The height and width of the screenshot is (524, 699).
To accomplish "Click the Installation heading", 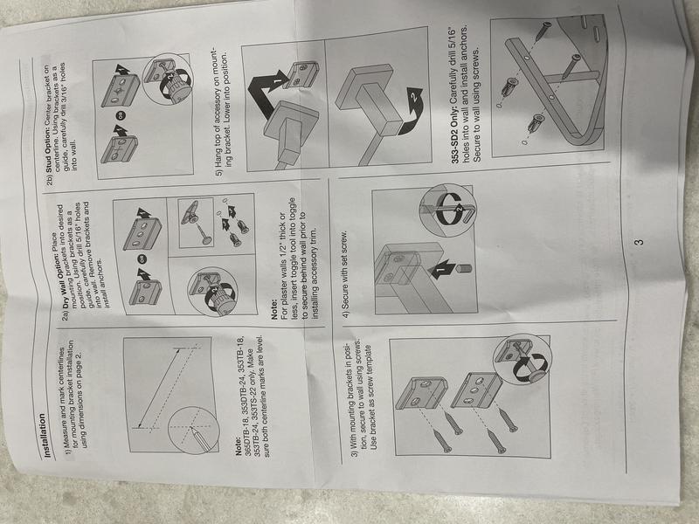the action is pyautogui.click(x=45, y=435).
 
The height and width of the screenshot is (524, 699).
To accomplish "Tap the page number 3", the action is pyautogui.click(x=639, y=243).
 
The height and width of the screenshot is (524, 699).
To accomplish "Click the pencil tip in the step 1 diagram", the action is pyautogui.click(x=191, y=428).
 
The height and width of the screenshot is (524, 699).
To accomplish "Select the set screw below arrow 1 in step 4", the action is pyautogui.click(x=466, y=269).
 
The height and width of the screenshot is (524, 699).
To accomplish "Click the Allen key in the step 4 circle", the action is pyautogui.click(x=449, y=208).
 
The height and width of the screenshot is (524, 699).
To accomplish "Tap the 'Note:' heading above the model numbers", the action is pyautogui.click(x=239, y=445).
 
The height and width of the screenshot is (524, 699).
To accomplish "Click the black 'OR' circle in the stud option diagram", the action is pyautogui.click(x=121, y=115).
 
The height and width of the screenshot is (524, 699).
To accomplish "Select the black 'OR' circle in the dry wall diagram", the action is pyautogui.click(x=142, y=259).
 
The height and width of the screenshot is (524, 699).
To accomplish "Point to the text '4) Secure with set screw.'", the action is pyautogui.click(x=346, y=275).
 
